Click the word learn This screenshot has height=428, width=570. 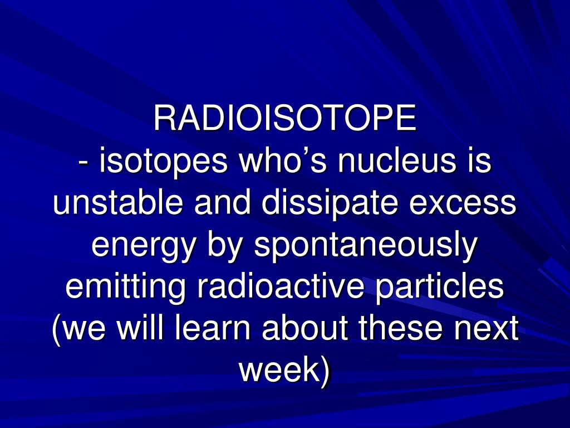[218, 329]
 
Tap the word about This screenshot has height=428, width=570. [309, 329]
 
